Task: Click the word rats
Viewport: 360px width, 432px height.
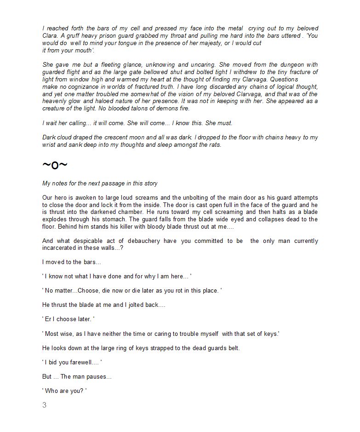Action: pyautogui.click(x=213, y=145)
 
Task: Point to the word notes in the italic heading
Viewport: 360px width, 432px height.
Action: pyautogui.click(x=63, y=184)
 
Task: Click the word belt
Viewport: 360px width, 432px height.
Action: pyautogui.click(x=234, y=348)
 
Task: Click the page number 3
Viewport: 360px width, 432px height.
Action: pyautogui.click(x=44, y=405)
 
